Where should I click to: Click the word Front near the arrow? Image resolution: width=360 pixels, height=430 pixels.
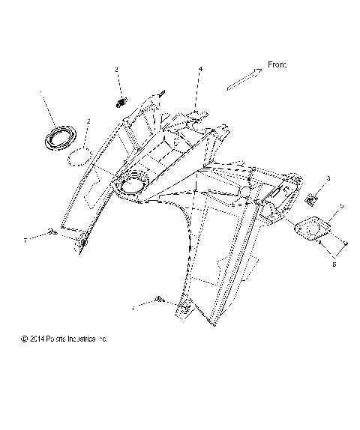[277, 65]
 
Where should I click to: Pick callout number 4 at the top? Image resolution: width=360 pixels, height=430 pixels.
[200, 69]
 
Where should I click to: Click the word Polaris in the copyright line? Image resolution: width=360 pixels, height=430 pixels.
[56, 339]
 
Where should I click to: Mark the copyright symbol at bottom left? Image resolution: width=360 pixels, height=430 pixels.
[25, 339]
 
